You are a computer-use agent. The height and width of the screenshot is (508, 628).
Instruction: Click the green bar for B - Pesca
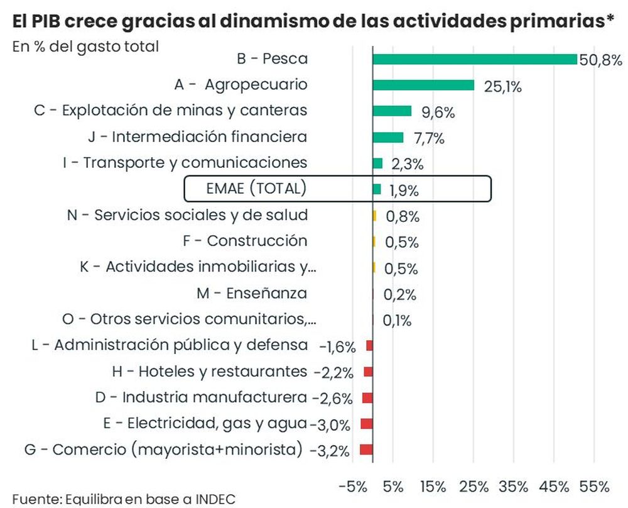tap(474, 59)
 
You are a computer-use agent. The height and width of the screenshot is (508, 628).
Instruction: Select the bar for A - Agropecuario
tap(423, 85)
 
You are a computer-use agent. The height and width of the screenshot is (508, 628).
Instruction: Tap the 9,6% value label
tap(438, 113)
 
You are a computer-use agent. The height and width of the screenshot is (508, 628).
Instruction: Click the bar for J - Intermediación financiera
tap(387, 137)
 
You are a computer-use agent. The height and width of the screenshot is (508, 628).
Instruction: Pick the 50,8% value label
tap(601, 61)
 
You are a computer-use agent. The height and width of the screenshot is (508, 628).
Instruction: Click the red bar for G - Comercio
tap(366, 450)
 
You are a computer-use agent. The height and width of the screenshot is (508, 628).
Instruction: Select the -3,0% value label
tap(330, 425)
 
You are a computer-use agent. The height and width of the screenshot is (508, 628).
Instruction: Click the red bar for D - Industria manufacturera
tap(367, 397)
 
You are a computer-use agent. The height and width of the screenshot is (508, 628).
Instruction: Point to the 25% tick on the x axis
tap(474, 487)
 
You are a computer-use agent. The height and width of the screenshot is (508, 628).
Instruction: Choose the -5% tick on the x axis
tap(352, 487)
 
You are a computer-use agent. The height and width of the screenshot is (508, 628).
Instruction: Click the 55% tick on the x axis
tap(594, 487)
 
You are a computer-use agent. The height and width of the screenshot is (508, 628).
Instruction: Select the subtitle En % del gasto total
tap(85, 46)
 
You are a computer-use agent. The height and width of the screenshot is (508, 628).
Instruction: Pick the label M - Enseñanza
tap(252, 293)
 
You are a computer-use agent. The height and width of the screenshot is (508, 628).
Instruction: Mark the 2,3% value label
tap(408, 165)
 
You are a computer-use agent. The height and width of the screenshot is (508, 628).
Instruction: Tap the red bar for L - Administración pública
tap(370, 345)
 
